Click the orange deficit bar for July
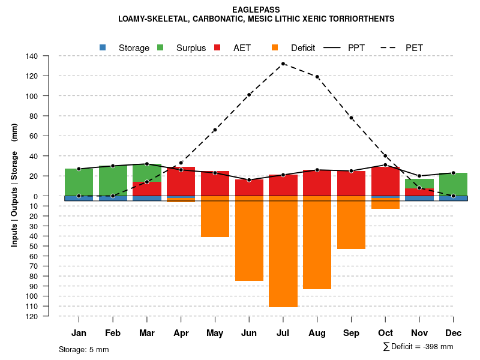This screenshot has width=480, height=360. click(x=283, y=252)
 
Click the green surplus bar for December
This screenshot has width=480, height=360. click(x=453, y=184)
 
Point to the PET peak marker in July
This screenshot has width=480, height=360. click(x=283, y=64)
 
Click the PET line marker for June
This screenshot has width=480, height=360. click(x=249, y=95)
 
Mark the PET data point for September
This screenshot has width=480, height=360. click(x=352, y=118)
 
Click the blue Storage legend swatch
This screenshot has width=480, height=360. click(x=103, y=47)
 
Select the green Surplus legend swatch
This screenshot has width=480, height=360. click(x=160, y=47)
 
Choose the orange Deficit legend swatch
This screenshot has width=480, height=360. click(x=275, y=47)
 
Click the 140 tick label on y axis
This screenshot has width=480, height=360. click(x=32, y=56)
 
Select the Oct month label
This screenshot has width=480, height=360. click(x=385, y=333)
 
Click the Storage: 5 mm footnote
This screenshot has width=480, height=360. click(x=84, y=349)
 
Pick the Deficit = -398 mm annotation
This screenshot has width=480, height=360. click(x=418, y=347)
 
